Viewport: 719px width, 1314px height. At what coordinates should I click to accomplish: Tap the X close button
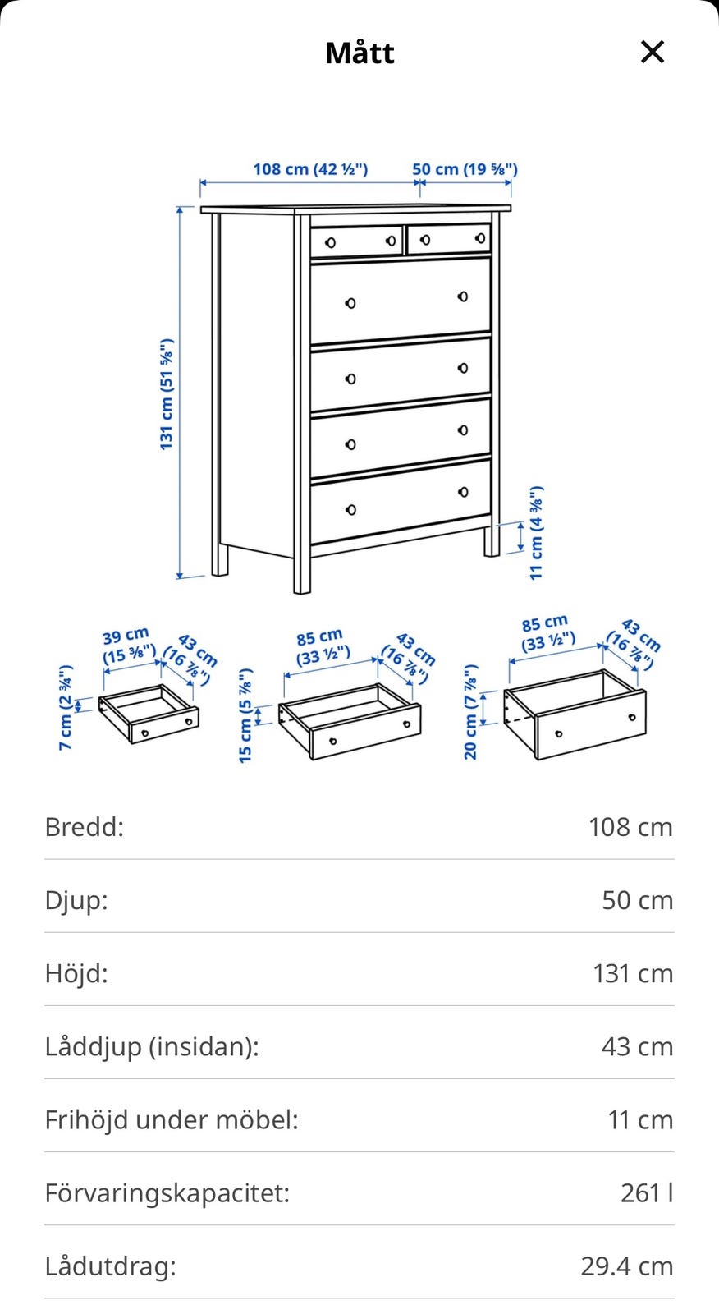653,52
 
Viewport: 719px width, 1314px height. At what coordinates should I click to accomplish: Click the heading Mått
359,53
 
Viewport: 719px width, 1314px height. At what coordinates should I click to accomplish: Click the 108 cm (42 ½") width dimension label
310,169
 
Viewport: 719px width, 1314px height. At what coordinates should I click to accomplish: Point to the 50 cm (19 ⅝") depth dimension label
465,169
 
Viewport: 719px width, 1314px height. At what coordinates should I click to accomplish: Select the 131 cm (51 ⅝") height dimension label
167,394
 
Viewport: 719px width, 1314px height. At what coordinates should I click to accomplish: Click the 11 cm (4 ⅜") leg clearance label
537,533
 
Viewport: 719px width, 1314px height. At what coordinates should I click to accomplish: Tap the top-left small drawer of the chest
356,241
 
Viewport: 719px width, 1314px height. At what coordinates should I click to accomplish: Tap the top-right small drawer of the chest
449,238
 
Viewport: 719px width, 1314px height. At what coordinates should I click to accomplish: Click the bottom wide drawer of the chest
401,501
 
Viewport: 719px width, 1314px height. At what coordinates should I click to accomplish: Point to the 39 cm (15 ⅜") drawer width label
128,646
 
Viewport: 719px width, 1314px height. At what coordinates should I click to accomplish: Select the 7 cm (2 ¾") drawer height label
66,707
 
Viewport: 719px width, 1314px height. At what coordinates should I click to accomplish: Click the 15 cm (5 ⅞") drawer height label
245,715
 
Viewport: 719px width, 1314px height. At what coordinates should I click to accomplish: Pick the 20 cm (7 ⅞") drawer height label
471,712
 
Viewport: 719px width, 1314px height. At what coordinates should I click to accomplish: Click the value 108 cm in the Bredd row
630,827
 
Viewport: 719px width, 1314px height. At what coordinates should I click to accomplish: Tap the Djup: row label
77,901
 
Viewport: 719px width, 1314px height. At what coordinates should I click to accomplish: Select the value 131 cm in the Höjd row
633,974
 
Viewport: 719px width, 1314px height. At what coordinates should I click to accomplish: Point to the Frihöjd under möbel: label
172,1120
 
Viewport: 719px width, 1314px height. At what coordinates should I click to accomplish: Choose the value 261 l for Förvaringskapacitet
647,1193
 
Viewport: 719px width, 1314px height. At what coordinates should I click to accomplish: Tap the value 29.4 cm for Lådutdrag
627,1266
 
